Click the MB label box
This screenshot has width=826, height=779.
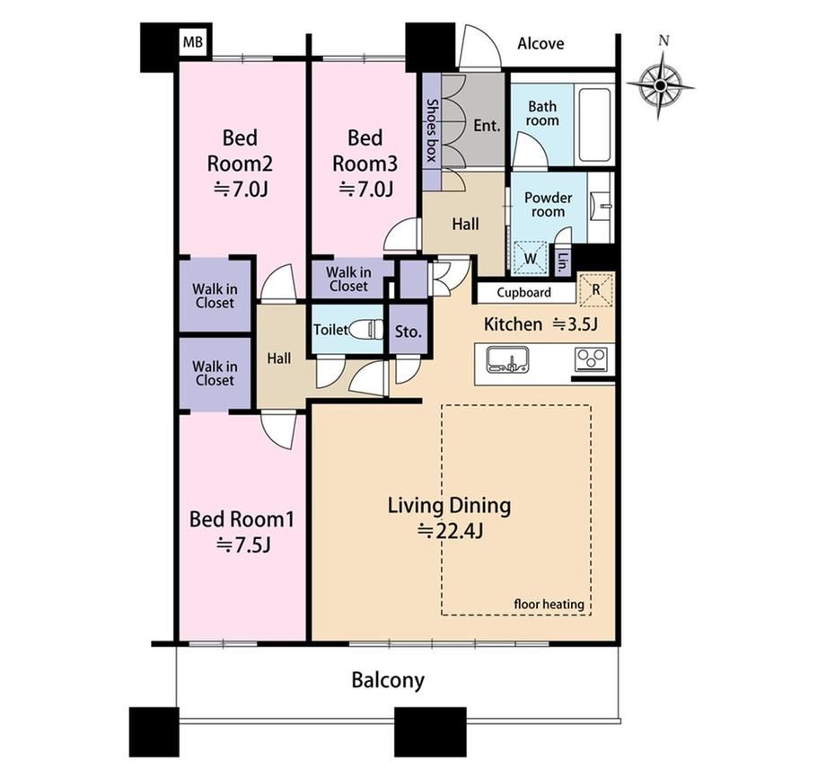(x=193, y=41)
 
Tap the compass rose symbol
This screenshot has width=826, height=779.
(x=661, y=84)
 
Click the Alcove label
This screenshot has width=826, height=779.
(x=540, y=43)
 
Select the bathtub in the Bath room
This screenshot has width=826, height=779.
(x=595, y=126)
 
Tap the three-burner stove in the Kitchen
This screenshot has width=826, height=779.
(x=592, y=359)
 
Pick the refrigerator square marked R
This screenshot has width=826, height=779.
(x=597, y=289)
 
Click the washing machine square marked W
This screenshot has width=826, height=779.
(x=531, y=258)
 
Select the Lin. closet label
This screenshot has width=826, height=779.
(x=563, y=262)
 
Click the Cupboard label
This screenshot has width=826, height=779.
(x=523, y=293)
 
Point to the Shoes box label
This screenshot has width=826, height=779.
(x=432, y=130)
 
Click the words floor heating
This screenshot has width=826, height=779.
(x=549, y=604)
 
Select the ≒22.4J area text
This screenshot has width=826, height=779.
(x=450, y=531)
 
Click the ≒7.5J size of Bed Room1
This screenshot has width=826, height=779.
(x=243, y=545)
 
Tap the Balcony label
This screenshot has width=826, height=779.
(x=388, y=680)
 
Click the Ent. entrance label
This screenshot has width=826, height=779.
(x=487, y=126)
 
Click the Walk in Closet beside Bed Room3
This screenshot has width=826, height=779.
(x=348, y=279)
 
